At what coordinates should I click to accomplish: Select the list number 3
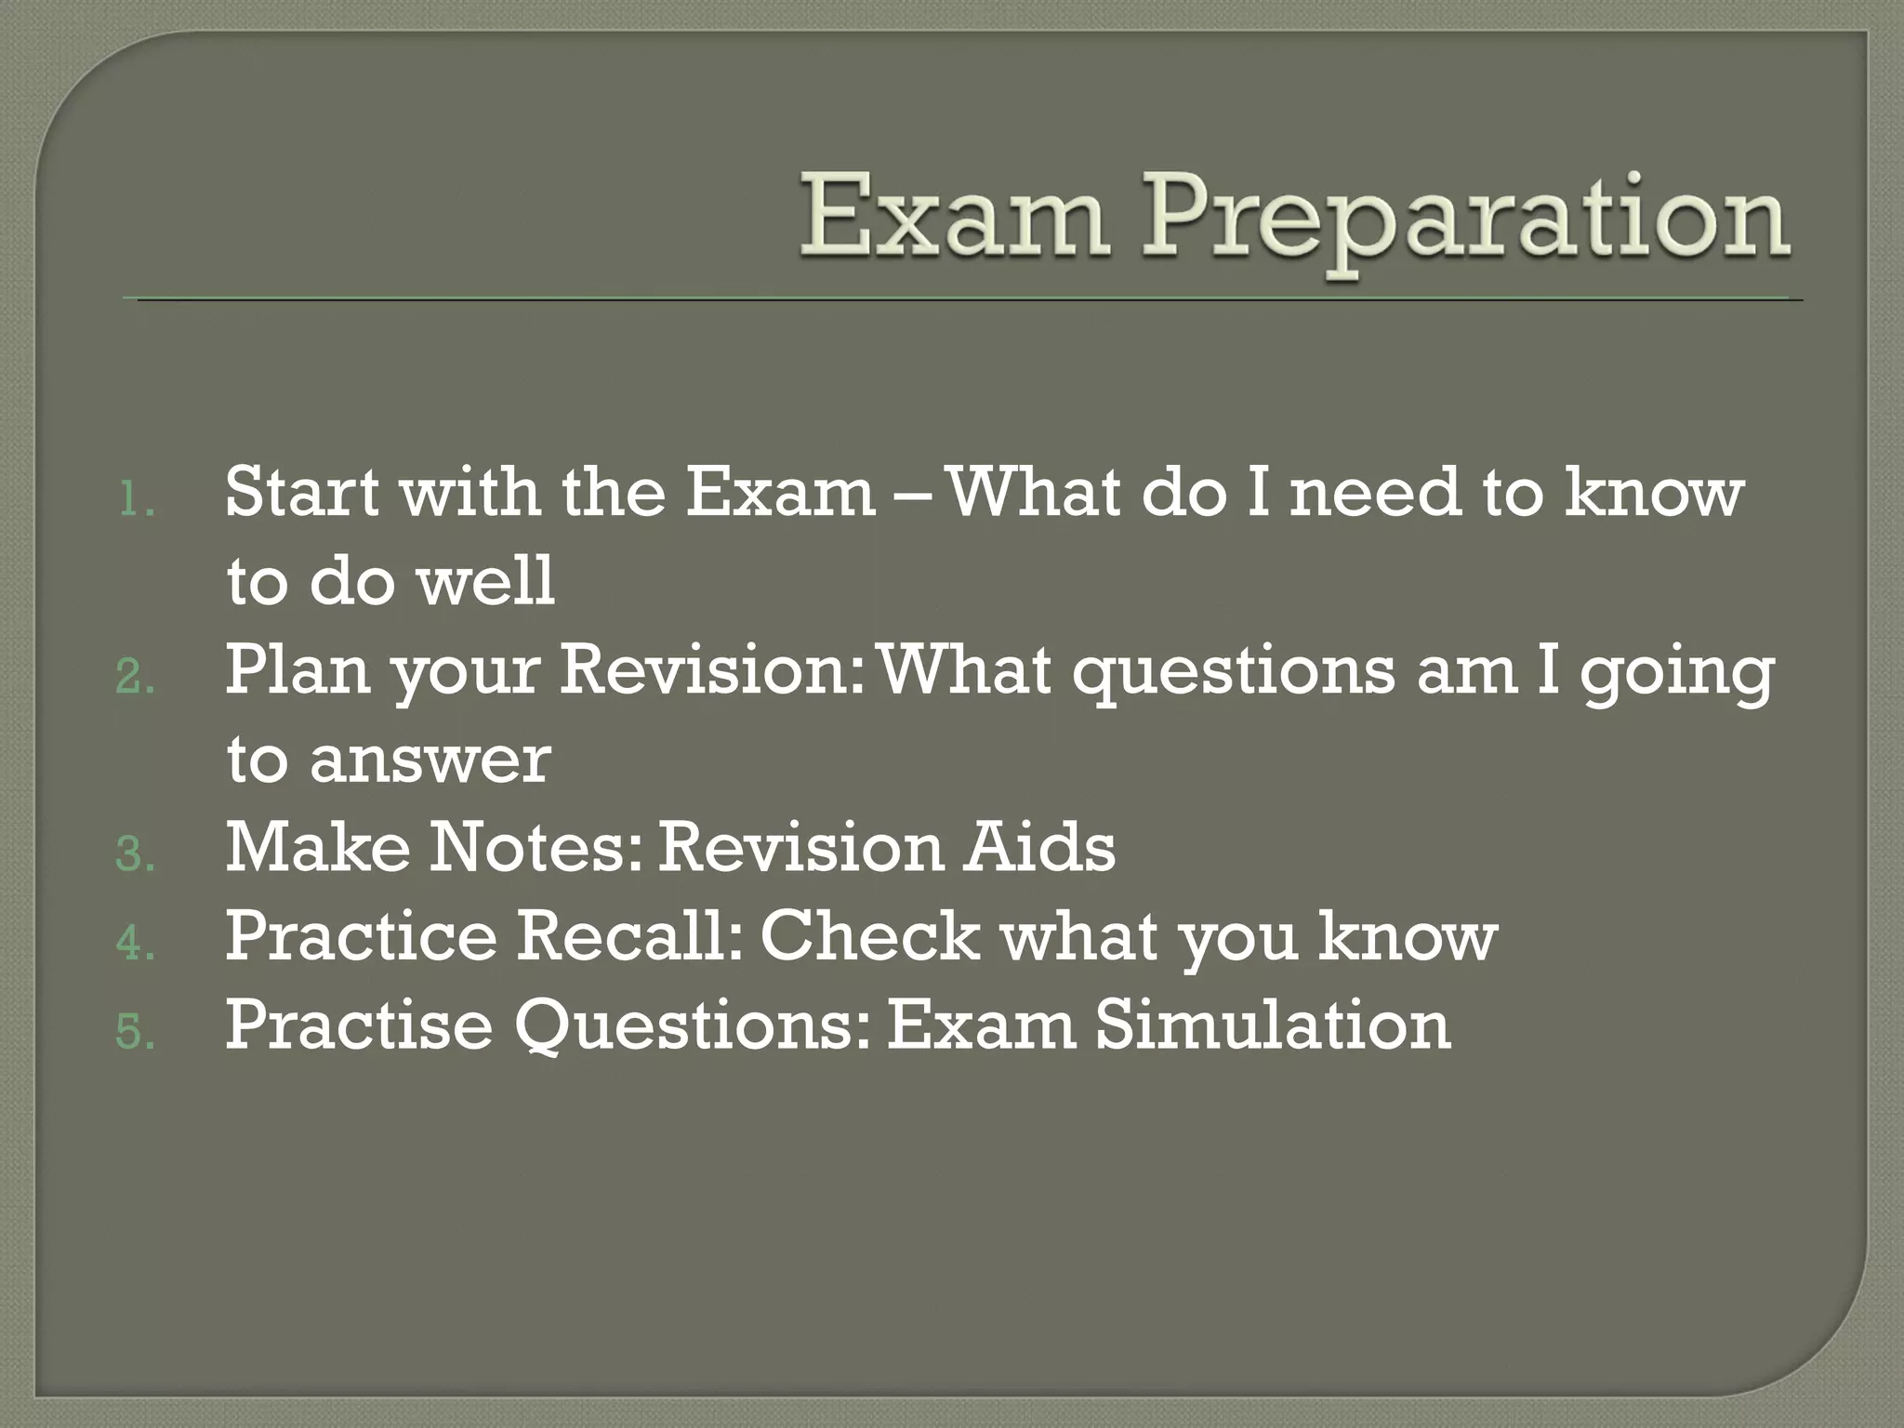coord(136,855)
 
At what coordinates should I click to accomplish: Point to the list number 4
coord(136,944)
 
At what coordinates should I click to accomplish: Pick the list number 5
coord(136,1032)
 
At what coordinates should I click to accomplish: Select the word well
coord(484,580)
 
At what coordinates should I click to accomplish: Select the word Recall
coord(630,935)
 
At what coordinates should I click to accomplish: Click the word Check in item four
coord(870,935)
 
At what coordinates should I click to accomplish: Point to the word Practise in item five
coord(358,1025)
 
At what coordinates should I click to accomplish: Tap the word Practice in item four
coord(362,935)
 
